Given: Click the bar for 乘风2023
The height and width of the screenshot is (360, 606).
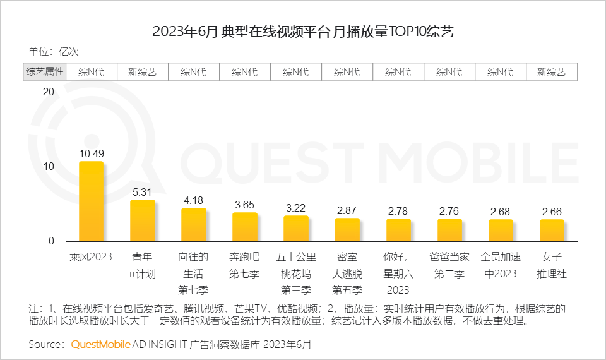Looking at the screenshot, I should click(x=91, y=201).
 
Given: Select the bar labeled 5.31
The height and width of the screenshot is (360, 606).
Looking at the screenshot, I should click(x=142, y=220).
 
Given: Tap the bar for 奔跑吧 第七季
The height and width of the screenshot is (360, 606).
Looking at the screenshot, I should click(x=244, y=227).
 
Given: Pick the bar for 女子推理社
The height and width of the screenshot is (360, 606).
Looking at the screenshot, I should click(x=552, y=231).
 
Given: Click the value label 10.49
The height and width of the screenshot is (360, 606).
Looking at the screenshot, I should click(x=91, y=153).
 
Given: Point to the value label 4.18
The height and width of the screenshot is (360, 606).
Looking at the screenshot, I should click(x=193, y=200).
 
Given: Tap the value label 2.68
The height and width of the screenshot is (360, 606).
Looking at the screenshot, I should click(x=501, y=211).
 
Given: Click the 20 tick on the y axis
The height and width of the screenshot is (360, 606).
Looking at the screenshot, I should click(x=48, y=92).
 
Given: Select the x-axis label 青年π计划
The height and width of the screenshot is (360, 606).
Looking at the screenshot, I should click(x=142, y=265).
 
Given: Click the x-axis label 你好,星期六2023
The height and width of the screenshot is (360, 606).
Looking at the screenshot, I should click(x=398, y=273).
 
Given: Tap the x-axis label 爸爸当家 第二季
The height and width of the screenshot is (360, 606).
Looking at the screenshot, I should click(x=449, y=265).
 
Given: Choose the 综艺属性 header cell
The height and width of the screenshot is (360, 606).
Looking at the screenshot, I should click(x=45, y=72).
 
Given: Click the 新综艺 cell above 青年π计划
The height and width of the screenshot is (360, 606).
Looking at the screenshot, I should click(x=142, y=72).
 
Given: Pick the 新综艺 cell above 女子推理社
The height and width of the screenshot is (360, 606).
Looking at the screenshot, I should click(x=552, y=72).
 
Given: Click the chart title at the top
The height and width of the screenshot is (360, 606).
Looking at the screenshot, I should click(x=303, y=31).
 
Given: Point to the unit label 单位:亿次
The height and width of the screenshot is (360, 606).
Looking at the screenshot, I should click(x=54, y=52).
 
